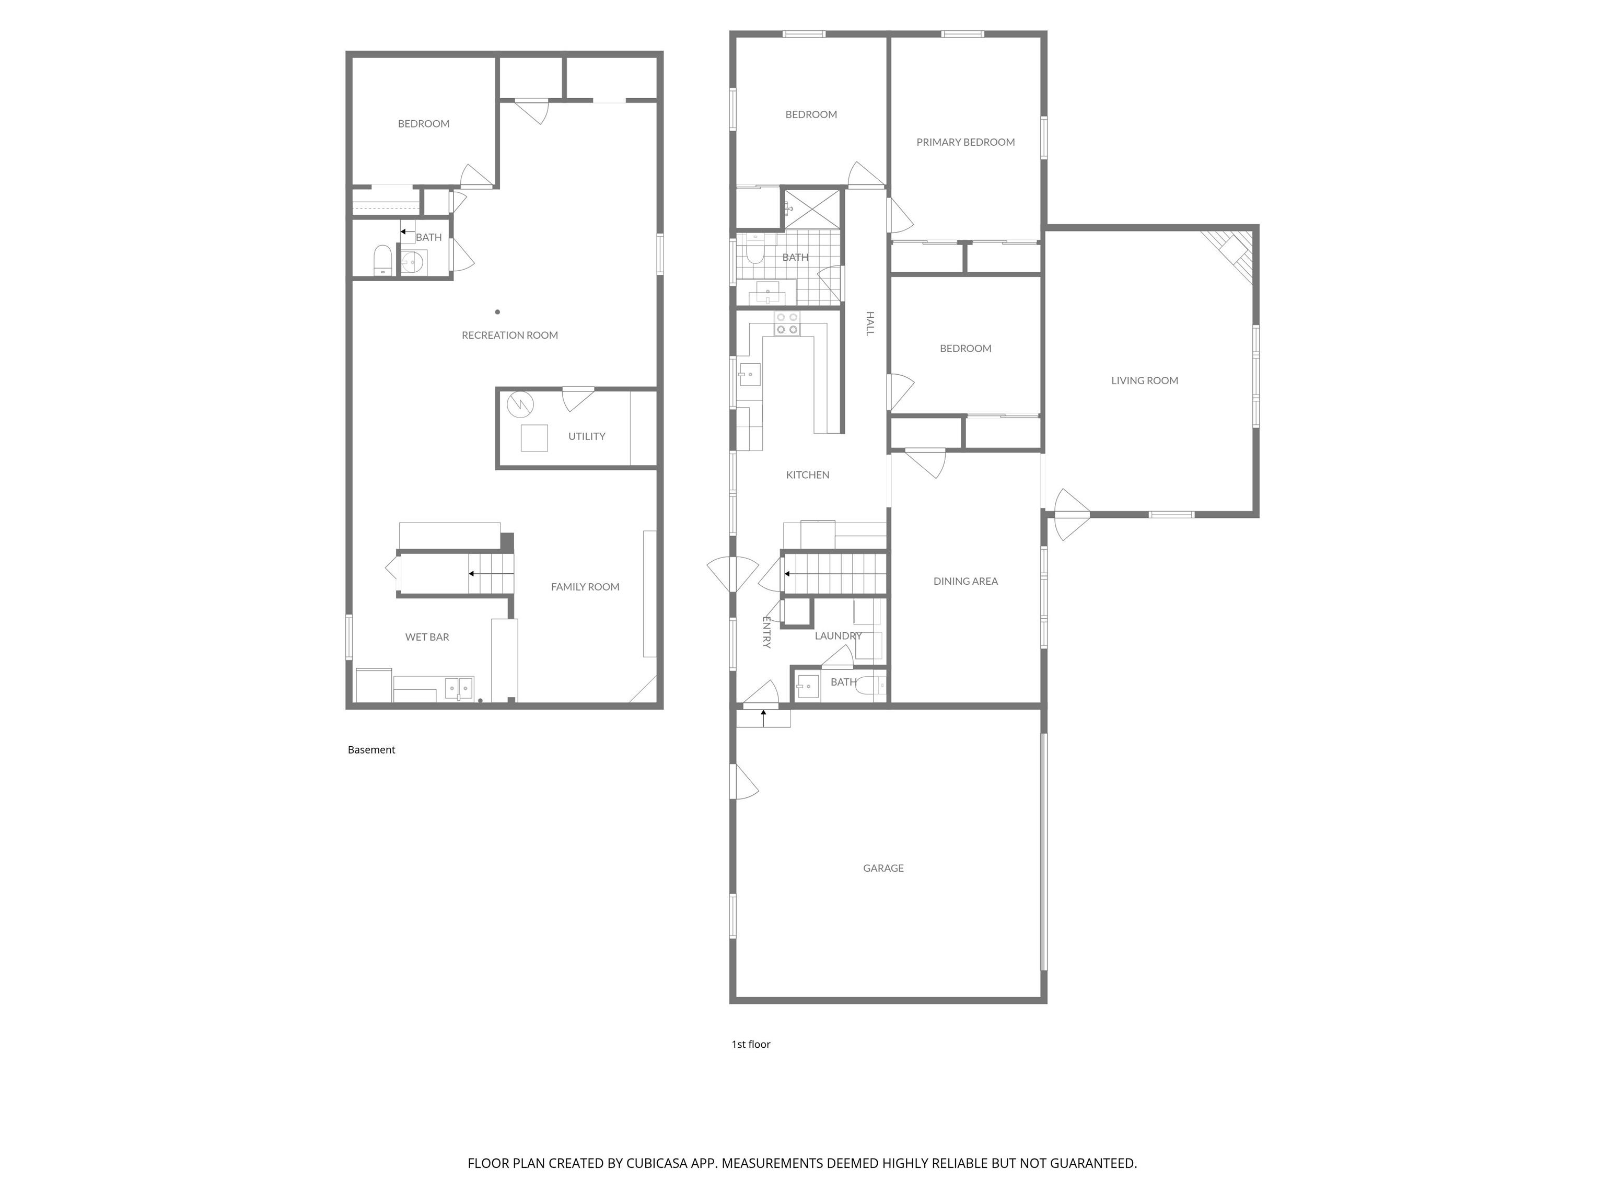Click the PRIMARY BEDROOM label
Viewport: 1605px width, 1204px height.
(965, 142)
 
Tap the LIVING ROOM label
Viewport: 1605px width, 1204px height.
(1144, 380)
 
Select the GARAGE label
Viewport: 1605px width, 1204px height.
(883, 868)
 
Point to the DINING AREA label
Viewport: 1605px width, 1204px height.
(965, 581)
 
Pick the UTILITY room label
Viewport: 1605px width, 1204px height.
(586, 436)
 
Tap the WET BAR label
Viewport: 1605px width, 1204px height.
(427, 637)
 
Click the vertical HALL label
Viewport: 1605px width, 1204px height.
(870, 323)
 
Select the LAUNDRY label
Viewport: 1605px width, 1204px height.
(838, 636)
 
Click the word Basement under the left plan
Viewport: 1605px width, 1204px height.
(371, 750)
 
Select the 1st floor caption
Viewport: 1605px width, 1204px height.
(751, 1044)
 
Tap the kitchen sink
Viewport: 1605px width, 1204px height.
(749, 375)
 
